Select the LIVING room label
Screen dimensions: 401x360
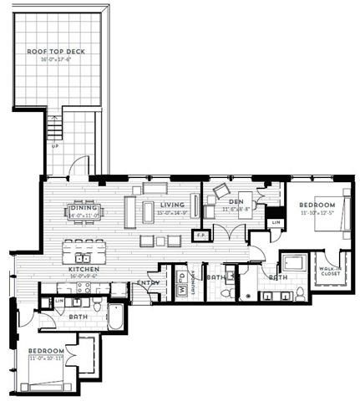[x=171, y=206]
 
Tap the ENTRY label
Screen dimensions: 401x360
[x=147, y=284]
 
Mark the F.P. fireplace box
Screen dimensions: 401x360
[x=200, y=236]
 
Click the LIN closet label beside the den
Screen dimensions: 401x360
[x=276, y=223]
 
